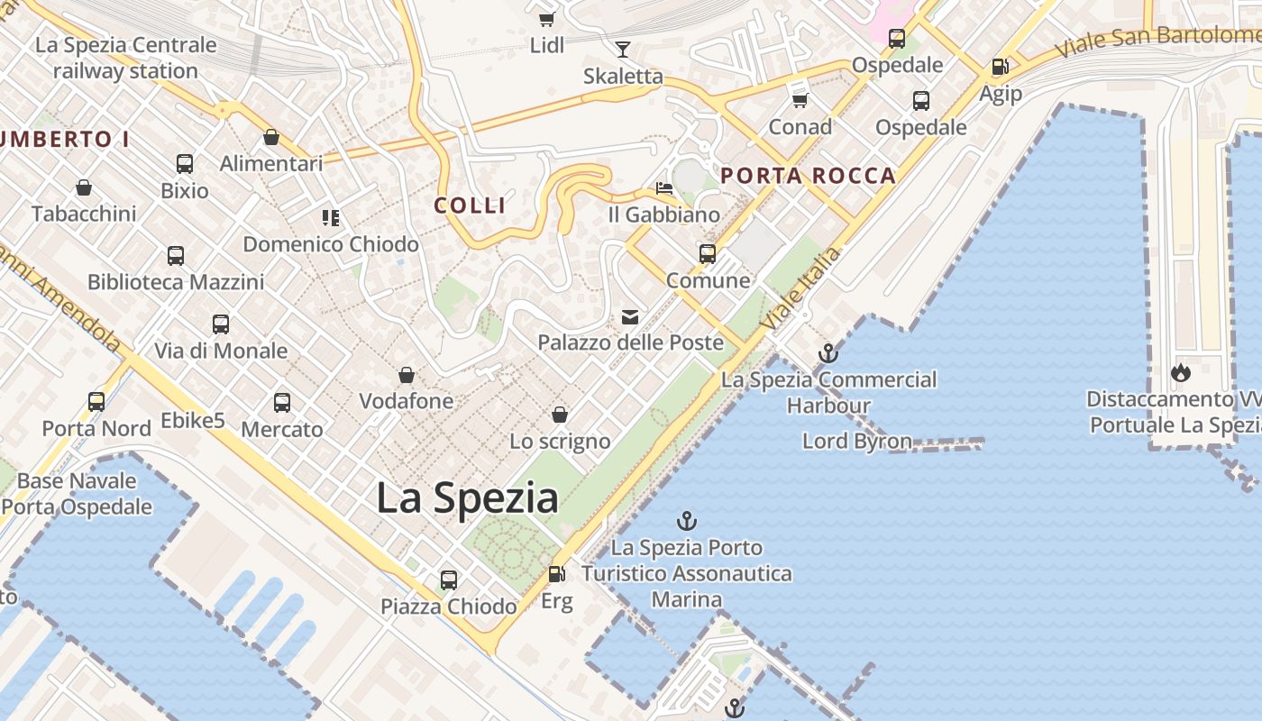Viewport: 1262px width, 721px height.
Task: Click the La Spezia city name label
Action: point(467,497)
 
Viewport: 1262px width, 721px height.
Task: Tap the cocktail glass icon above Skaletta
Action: point(622,49)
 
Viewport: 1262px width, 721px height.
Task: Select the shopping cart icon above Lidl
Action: point(546,18)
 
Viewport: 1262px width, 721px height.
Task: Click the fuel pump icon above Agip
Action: point(1000,67)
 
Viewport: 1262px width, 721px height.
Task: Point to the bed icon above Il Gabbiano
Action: point(664,188)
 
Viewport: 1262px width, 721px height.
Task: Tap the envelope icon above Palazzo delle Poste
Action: point(630,316)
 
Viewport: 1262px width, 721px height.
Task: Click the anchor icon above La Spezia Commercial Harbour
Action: point(828,353)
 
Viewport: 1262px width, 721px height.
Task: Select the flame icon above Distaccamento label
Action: point(1180,372)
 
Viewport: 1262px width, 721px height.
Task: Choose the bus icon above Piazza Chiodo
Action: point(448,580)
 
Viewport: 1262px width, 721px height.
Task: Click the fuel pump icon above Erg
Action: point(557,573)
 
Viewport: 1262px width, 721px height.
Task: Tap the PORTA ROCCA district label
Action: point(809,176)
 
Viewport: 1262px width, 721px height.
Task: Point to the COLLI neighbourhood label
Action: point(470,205)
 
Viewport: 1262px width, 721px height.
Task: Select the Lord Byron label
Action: point(857,441)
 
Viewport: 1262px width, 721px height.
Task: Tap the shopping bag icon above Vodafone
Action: point(407,375)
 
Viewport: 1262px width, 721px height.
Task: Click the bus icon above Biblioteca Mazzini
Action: point(176,256)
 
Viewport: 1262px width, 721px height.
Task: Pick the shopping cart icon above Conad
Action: point(800,100)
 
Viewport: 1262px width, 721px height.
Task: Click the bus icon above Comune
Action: point(708,254)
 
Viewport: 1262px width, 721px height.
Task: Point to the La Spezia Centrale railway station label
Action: point(125,58)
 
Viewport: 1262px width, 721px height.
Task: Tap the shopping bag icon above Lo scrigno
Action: point(560,415)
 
